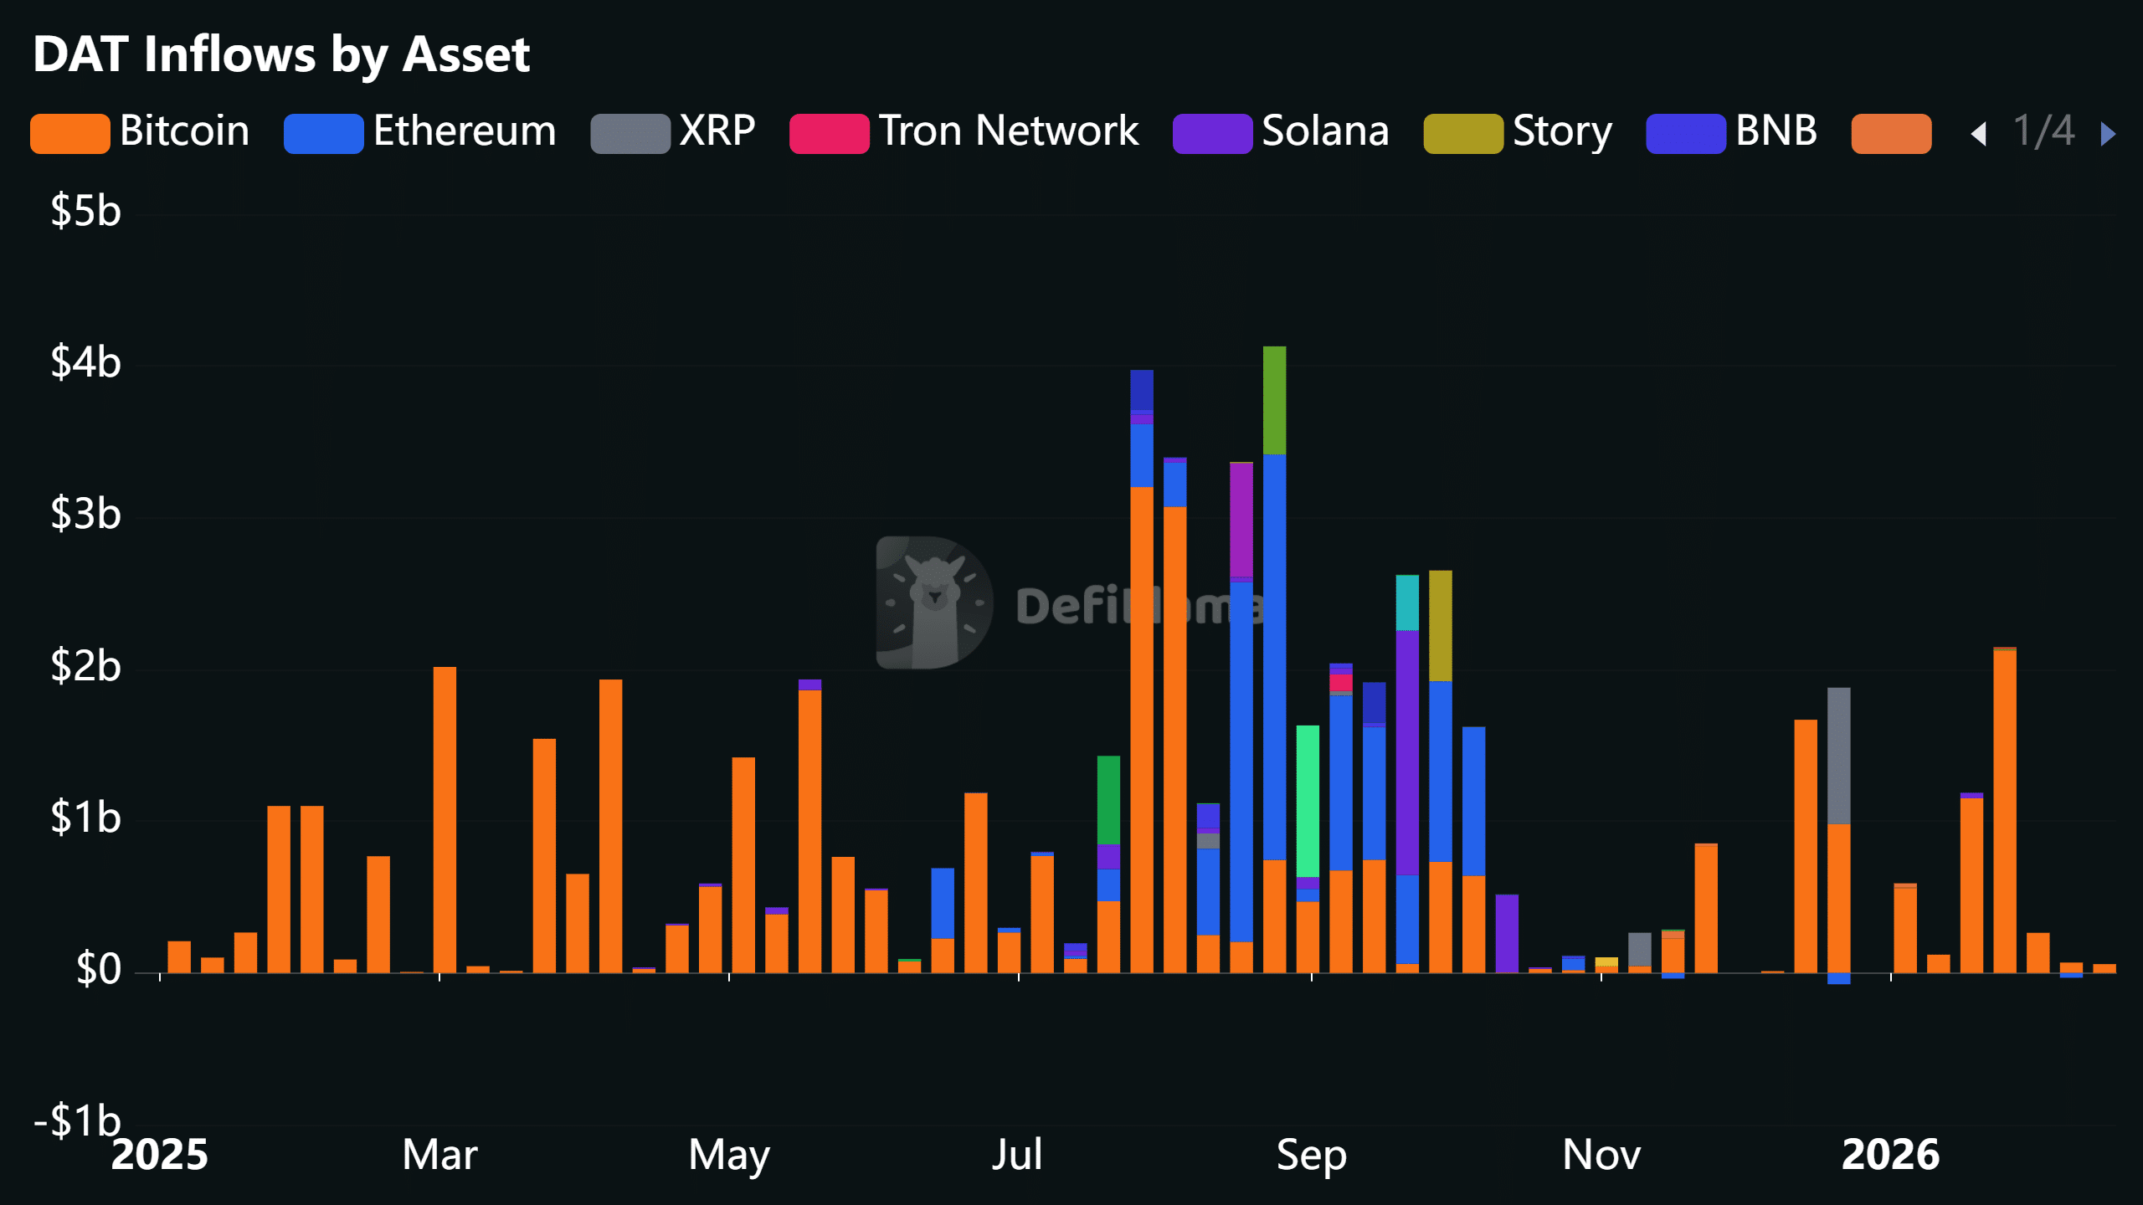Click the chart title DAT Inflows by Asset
click(x=281, y=55)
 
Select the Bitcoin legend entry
click(x=141, y=132)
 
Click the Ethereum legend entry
click(x=420, y=132)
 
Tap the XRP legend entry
click(x=673, y=132)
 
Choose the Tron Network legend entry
click(x=964, y=132)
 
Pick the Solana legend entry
click(x=1281, y=132)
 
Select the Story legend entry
click(x=1518, y=132)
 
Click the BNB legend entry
click(x=1731, y=132)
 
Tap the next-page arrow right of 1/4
click(x=2108, y=134)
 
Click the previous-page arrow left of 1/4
click(x=1979, y=134)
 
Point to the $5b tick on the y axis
click(x=85, y=211)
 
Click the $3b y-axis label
click(x=85, y=514)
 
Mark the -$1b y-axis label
click(x=77, y=1120)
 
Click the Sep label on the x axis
click(x=1311, y=1155)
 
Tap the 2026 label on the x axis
click(x=1890, y=1155)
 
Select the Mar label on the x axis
click(x=439, y=1155)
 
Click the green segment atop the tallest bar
click(x=1274, y=400)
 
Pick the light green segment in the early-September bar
click(x=1308, y=800)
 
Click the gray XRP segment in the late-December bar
click(x=1838, y=755)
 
